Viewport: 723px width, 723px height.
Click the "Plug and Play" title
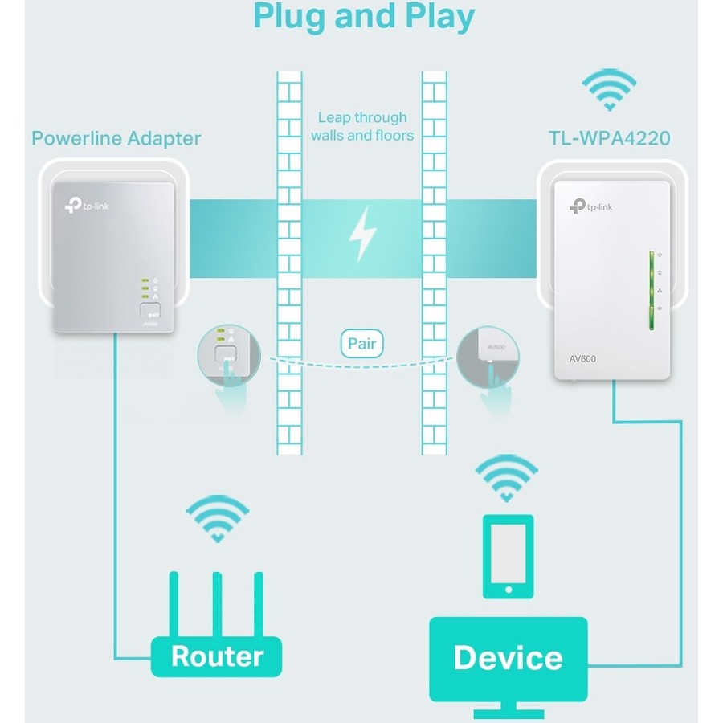(x=363, y=16)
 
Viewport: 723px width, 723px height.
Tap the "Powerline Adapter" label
(x=116, y=138)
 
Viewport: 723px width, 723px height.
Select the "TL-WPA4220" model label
(x=609, y=138)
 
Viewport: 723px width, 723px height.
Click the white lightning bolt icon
(x=362, y=234)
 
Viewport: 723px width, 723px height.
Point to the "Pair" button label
(x=362, y=345)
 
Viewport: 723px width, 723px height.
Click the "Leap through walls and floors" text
(x=362, y=127)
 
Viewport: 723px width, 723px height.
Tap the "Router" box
(x=217, y=656)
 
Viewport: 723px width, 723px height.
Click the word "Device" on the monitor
(x=508, y=657)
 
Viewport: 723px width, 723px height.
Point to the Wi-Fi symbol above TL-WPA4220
(x=609, y=90)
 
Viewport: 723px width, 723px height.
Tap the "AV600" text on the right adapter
(x=583, y=358)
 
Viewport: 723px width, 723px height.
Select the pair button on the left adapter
(x=149, y=313)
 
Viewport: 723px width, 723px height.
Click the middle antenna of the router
(x=217, y=602)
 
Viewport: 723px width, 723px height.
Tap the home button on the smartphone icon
(x=508, y=590)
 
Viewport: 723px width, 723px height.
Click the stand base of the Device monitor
(x=509, y=712)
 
